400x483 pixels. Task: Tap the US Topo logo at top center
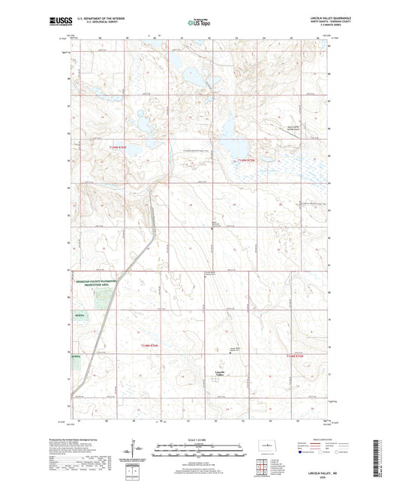pos(199,23)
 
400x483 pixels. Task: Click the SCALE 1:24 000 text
pos(200,439)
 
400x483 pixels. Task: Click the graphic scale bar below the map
pos(200,453)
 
